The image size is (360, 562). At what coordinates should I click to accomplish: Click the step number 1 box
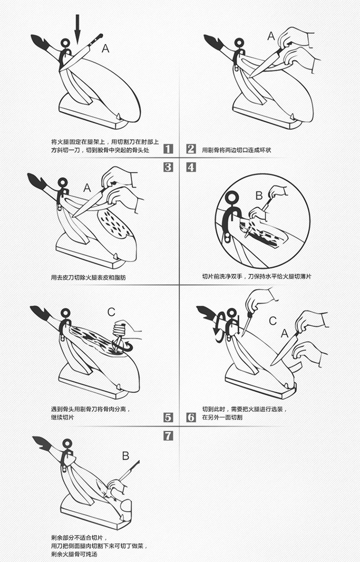click(168, 149)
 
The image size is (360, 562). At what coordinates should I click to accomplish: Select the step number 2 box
click(191, 149)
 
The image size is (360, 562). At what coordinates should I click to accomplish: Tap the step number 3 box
click(168, 167)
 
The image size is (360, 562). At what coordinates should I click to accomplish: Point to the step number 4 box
click(191, 167)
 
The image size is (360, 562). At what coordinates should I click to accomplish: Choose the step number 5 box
click(168, 417)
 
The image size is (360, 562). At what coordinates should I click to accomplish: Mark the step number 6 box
click(191, 417)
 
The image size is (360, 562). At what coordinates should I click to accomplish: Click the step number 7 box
click(168, 436)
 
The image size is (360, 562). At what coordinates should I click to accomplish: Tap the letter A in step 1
click(106, 48)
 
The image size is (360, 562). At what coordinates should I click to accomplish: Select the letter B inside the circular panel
click(259, 195)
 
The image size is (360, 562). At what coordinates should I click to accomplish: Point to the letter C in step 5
click(111, 312)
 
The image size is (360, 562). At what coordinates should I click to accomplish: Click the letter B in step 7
click(125, 456)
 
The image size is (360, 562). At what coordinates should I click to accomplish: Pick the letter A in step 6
click(285, 334)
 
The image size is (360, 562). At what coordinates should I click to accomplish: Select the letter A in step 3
click(87, 187)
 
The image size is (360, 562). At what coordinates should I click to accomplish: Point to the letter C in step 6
click(273, 321)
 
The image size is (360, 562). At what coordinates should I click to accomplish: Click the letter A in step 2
click(271, 36)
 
